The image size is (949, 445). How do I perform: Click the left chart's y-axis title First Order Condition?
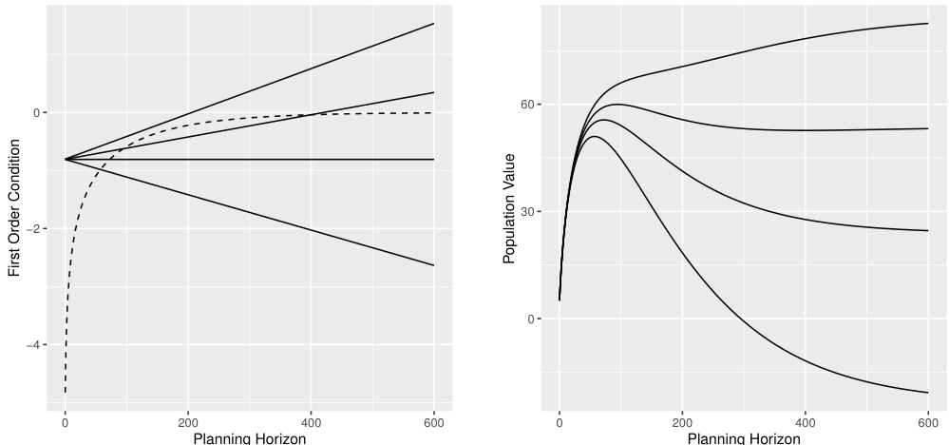tap(14, 208)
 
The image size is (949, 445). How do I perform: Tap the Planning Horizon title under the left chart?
tap(250, 438)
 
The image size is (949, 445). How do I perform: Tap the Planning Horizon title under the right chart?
tap(744, 438)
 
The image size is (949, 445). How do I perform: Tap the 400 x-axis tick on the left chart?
tap(311, 421)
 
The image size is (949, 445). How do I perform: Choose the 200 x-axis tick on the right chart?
tap(682, 421)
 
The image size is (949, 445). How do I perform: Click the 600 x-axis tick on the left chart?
tap(433, 421)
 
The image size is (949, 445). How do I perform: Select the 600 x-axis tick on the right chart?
tap(927, 421)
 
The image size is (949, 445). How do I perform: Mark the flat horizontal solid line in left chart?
tap(285, 160)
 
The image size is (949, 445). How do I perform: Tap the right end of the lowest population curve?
tap(926, 392)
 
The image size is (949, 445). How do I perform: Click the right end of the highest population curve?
tap(926, 24)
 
